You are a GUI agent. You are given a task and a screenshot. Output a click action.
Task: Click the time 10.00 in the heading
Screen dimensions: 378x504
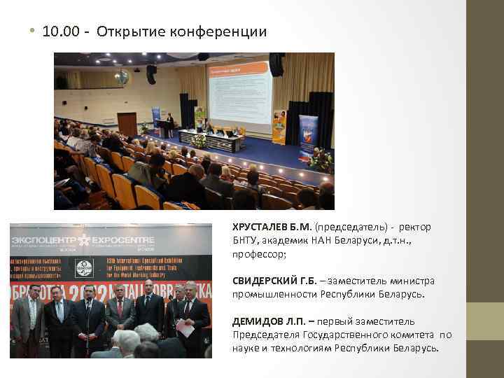[57, 31]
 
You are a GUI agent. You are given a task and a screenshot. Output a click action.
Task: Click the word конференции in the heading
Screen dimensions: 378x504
[228, 32]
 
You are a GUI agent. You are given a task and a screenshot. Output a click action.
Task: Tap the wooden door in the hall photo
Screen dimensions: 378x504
[127, 124]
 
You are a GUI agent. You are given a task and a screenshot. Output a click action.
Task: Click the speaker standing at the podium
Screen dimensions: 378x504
[169, 125]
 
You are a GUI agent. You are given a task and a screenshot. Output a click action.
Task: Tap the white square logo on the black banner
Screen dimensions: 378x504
[85, 269]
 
